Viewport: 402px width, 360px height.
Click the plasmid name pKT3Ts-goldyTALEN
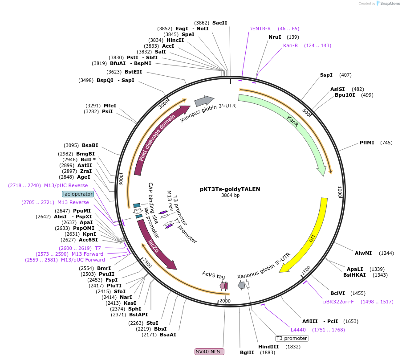230,189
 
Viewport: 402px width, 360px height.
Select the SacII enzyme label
219,23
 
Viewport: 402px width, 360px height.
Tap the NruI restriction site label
275,37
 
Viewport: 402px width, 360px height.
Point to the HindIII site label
268,347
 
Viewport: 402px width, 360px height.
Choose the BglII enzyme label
247,352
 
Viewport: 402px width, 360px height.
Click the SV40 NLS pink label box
209,352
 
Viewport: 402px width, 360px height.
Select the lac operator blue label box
78,194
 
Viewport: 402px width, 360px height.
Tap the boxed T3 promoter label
292,338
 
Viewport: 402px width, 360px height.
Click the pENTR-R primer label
260,29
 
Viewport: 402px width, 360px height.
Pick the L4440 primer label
298,330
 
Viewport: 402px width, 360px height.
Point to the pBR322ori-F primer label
338,302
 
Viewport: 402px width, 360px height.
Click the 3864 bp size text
230,196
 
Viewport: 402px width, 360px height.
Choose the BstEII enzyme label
133,72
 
